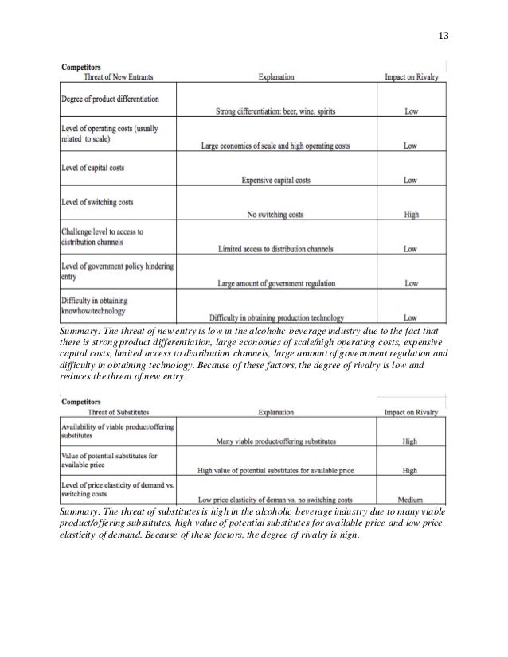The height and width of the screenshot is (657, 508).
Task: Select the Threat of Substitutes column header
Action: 119,413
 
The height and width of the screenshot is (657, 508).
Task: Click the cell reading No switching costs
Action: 275,215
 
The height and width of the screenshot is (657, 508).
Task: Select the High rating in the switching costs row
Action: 411,215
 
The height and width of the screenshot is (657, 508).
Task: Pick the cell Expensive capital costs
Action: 275,181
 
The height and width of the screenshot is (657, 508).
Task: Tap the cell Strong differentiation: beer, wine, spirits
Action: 275,111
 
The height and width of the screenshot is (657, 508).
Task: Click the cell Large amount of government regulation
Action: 275,284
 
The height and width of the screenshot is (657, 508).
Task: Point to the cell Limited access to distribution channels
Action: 275,249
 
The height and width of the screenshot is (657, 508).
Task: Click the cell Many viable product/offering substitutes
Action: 275,441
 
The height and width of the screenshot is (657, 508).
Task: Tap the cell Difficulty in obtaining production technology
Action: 275,317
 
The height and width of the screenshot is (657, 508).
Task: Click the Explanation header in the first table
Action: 275,77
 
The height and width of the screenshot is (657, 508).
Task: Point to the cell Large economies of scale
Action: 275,146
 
